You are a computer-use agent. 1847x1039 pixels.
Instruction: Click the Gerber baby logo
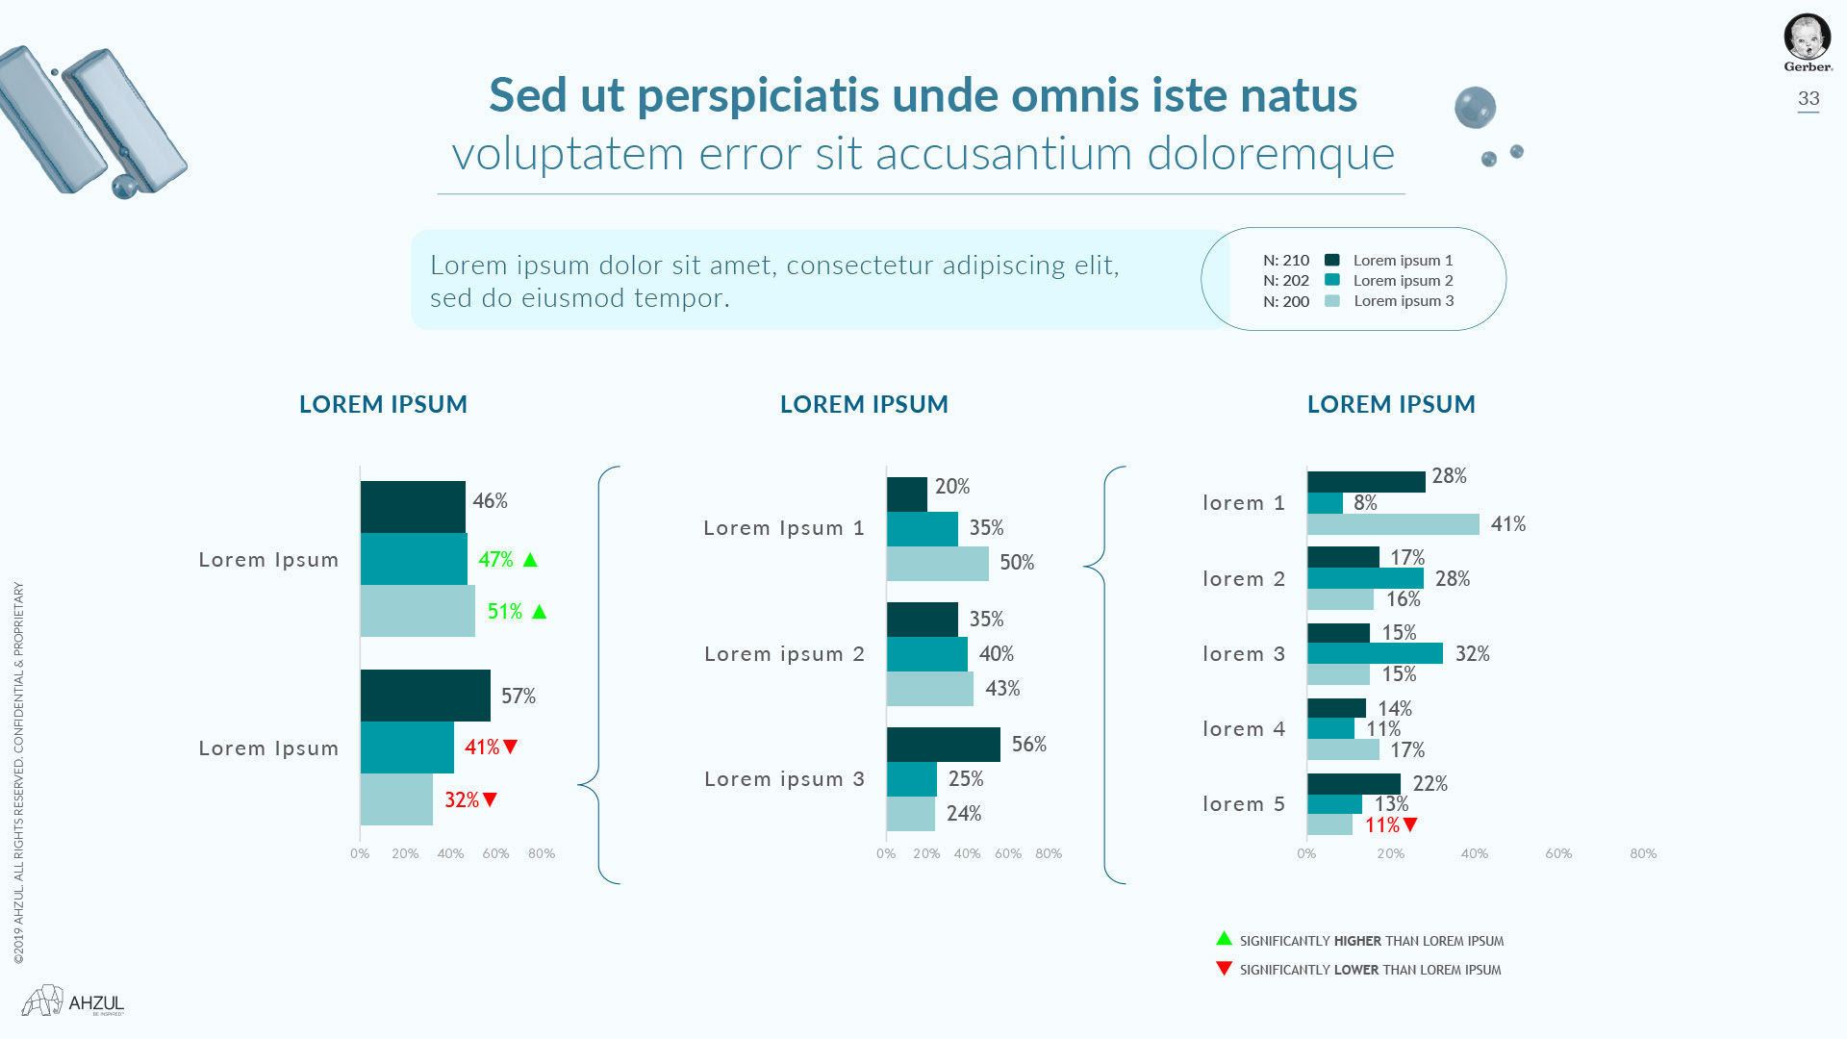(1808, 39)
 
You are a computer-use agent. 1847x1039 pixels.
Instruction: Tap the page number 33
(1809, 98)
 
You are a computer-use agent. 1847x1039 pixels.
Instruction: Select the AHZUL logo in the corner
(74, 1001)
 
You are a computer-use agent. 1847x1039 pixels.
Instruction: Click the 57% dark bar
(425, 696)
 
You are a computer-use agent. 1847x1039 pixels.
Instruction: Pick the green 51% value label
(504, 612)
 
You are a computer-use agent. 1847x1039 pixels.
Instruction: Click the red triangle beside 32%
(491, 799)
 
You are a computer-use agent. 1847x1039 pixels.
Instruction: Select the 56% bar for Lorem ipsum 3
(943, 745)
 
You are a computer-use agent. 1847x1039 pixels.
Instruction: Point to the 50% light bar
(937, 564)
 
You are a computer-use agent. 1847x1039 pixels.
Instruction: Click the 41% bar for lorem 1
(1393, 524)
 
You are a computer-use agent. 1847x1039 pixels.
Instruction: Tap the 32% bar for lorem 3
(1375, 653)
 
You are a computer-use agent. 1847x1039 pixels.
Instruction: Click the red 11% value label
(1381, 825)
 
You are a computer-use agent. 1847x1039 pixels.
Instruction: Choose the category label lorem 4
(1243, 729)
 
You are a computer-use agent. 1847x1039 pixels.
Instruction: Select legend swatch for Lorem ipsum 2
(1332, 280)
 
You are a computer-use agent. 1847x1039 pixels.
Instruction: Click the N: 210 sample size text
(1285, 261)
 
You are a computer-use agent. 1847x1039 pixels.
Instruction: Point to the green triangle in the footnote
(1224, 938)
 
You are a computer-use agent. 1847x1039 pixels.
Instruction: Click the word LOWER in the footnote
(1356, 970)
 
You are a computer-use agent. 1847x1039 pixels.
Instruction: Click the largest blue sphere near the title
(1475, 108)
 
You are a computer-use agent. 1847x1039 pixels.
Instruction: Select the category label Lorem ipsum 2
(784, 654)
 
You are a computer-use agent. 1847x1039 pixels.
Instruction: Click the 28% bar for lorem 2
(1365, 578)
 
